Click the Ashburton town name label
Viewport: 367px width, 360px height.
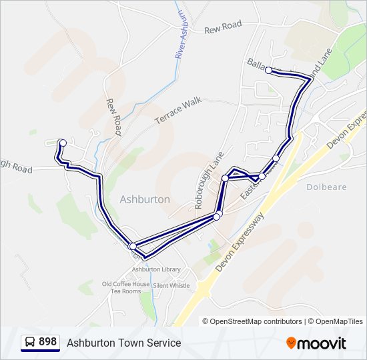point(145,199)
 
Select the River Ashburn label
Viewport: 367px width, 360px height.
point(180,35)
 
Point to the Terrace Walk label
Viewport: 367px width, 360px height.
point(177,110)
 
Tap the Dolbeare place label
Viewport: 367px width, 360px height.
point(326,187)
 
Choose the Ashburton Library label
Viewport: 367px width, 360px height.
point(156,269)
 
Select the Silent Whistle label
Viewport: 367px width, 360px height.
point(171,285)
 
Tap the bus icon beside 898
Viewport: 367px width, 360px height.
point(29,343)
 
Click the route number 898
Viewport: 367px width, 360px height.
point(48,342)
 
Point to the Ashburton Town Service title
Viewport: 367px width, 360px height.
point(123,343)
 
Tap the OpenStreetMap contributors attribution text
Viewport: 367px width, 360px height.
point(252,321)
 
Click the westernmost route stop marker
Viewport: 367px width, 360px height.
point(62,142)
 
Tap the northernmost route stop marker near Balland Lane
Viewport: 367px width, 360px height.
point(268,70)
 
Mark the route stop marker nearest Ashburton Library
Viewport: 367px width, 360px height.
point(132,246)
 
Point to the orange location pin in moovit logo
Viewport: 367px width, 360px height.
point(291,343)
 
